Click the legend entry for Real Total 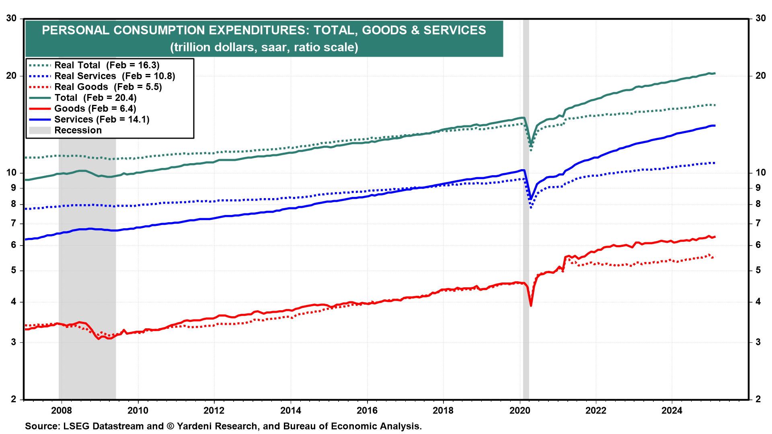[107, 65]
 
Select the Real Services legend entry [115, 76]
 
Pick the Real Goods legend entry [108, 87]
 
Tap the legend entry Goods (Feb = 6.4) [95, 108]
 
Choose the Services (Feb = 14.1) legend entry [101, 119]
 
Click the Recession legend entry [78, 130]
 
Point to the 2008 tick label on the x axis [62, 410]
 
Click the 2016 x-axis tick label [367, 410]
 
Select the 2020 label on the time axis [520, 410]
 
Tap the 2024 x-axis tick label [672, 410]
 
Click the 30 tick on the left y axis [11, 18]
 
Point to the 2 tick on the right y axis [758, 399]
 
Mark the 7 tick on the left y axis [14, 223]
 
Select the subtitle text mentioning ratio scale [264, 47]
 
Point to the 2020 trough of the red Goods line [531, 305]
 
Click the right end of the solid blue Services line [715, 126]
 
